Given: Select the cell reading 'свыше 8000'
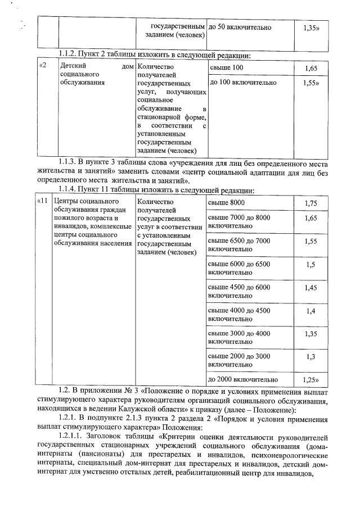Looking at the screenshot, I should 227,202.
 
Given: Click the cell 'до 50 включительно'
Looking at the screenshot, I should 240,27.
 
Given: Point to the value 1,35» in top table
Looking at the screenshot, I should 311,27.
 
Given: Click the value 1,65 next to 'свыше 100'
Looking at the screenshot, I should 311,69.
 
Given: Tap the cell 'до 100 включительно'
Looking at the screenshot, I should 242,83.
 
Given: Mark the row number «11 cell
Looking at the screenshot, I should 43,201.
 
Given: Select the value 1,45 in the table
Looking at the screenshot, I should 311,288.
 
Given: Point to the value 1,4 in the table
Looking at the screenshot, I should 311,311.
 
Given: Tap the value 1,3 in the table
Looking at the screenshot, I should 311,357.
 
